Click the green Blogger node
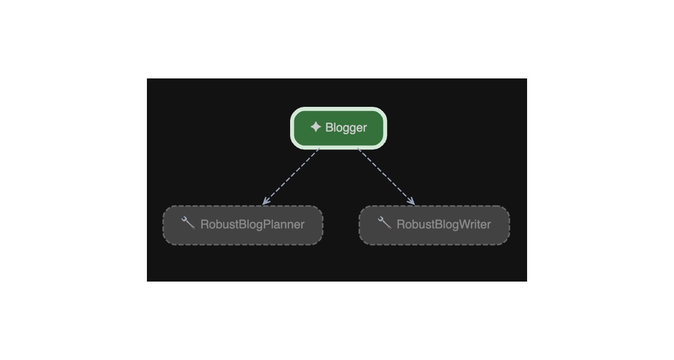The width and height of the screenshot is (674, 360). [339, 128]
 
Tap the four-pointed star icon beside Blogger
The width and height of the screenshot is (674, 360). [315, 127]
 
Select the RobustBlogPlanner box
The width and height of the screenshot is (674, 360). [243, 225]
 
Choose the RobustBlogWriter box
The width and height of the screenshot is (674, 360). [434, 225]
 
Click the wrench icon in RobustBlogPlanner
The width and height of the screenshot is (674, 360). [188, 223]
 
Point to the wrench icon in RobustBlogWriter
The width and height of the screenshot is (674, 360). [384, 223]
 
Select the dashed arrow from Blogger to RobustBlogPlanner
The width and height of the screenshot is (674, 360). [291, 176]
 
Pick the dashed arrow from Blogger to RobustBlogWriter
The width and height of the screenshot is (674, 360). [386, 176]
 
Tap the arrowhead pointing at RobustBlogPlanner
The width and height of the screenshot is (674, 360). [265, 202]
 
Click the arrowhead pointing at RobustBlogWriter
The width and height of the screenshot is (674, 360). [412, 202]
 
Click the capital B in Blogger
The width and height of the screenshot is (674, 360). [329, 127]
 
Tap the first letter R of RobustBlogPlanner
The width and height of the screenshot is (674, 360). [204, 224]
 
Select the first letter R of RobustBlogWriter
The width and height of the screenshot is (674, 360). [401, 224]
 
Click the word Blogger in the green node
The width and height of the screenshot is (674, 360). [346, 128]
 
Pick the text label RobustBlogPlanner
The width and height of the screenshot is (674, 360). [252, 225]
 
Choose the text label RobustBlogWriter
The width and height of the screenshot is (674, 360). [444, 225]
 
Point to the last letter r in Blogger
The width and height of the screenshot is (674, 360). [365, 129]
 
